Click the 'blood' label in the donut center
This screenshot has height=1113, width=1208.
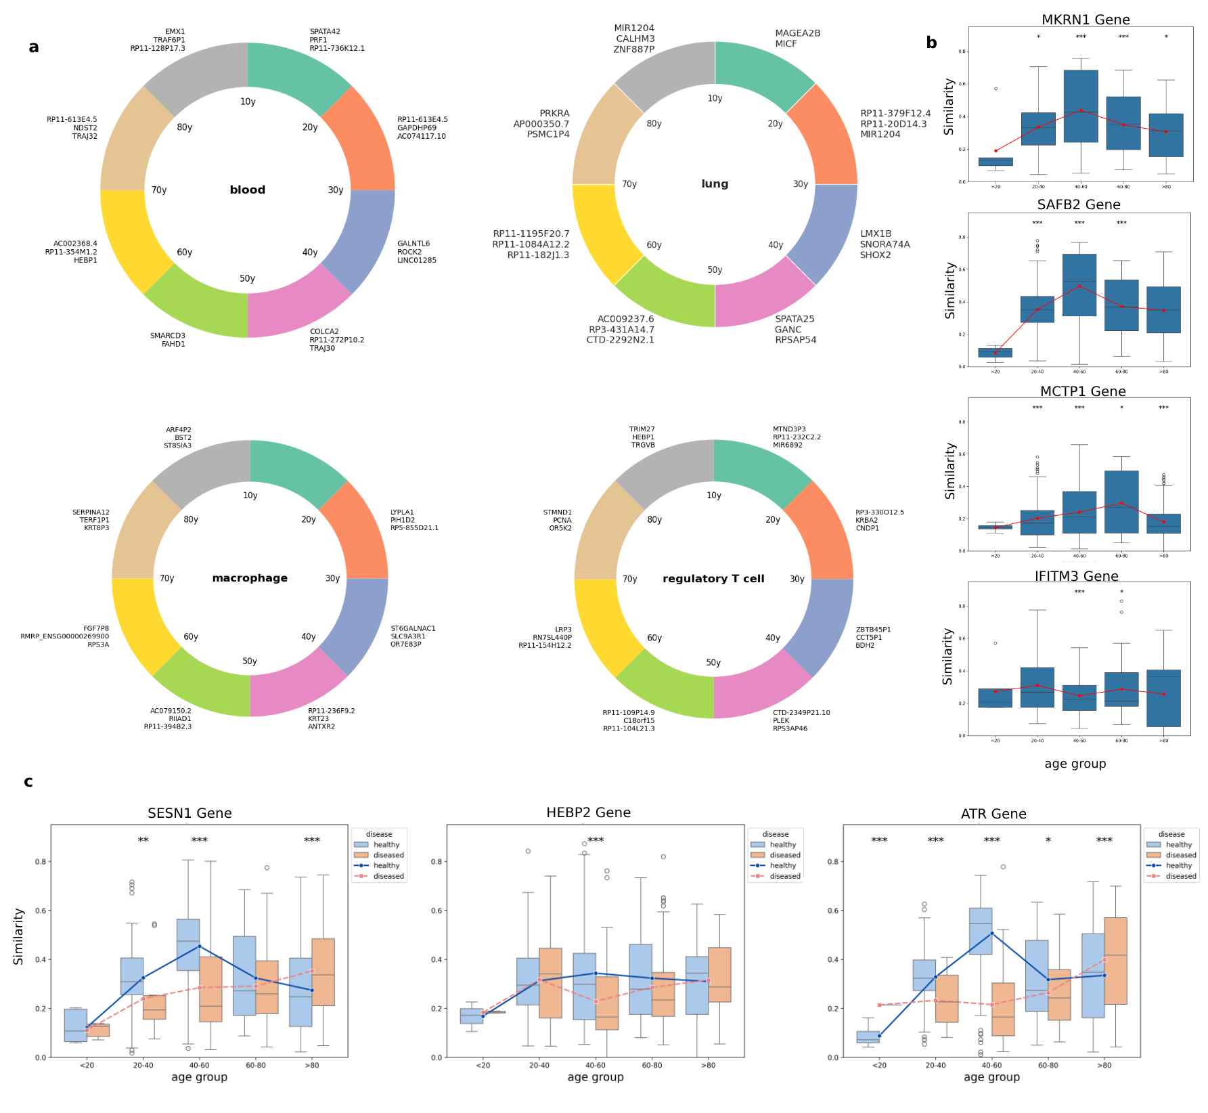point(247,190)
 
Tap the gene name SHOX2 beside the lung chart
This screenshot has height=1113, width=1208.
point(875,255)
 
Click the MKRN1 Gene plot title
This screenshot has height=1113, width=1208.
point(1085,20)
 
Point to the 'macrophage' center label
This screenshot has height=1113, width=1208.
point(250,578)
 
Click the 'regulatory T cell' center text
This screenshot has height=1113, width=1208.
point(713,579)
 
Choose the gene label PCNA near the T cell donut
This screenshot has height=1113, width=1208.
point(562,521)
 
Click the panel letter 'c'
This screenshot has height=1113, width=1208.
point(28,782)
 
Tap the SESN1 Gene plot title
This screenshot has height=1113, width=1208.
point(189,813)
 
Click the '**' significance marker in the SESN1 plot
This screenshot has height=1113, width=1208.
point(143,841)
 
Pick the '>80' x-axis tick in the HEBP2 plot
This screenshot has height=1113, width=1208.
point(708,1065)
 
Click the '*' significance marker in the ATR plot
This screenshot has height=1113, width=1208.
point(1048,841)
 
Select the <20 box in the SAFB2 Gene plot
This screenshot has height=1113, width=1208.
point(995,353)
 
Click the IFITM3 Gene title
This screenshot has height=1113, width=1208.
point(1076,576)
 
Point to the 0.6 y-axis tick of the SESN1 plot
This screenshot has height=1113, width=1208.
point(41,911)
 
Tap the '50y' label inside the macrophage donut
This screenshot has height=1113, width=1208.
point(250,661)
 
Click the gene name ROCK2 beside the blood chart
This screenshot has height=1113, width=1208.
point(409,252)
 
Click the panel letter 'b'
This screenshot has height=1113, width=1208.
point(931,43)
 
